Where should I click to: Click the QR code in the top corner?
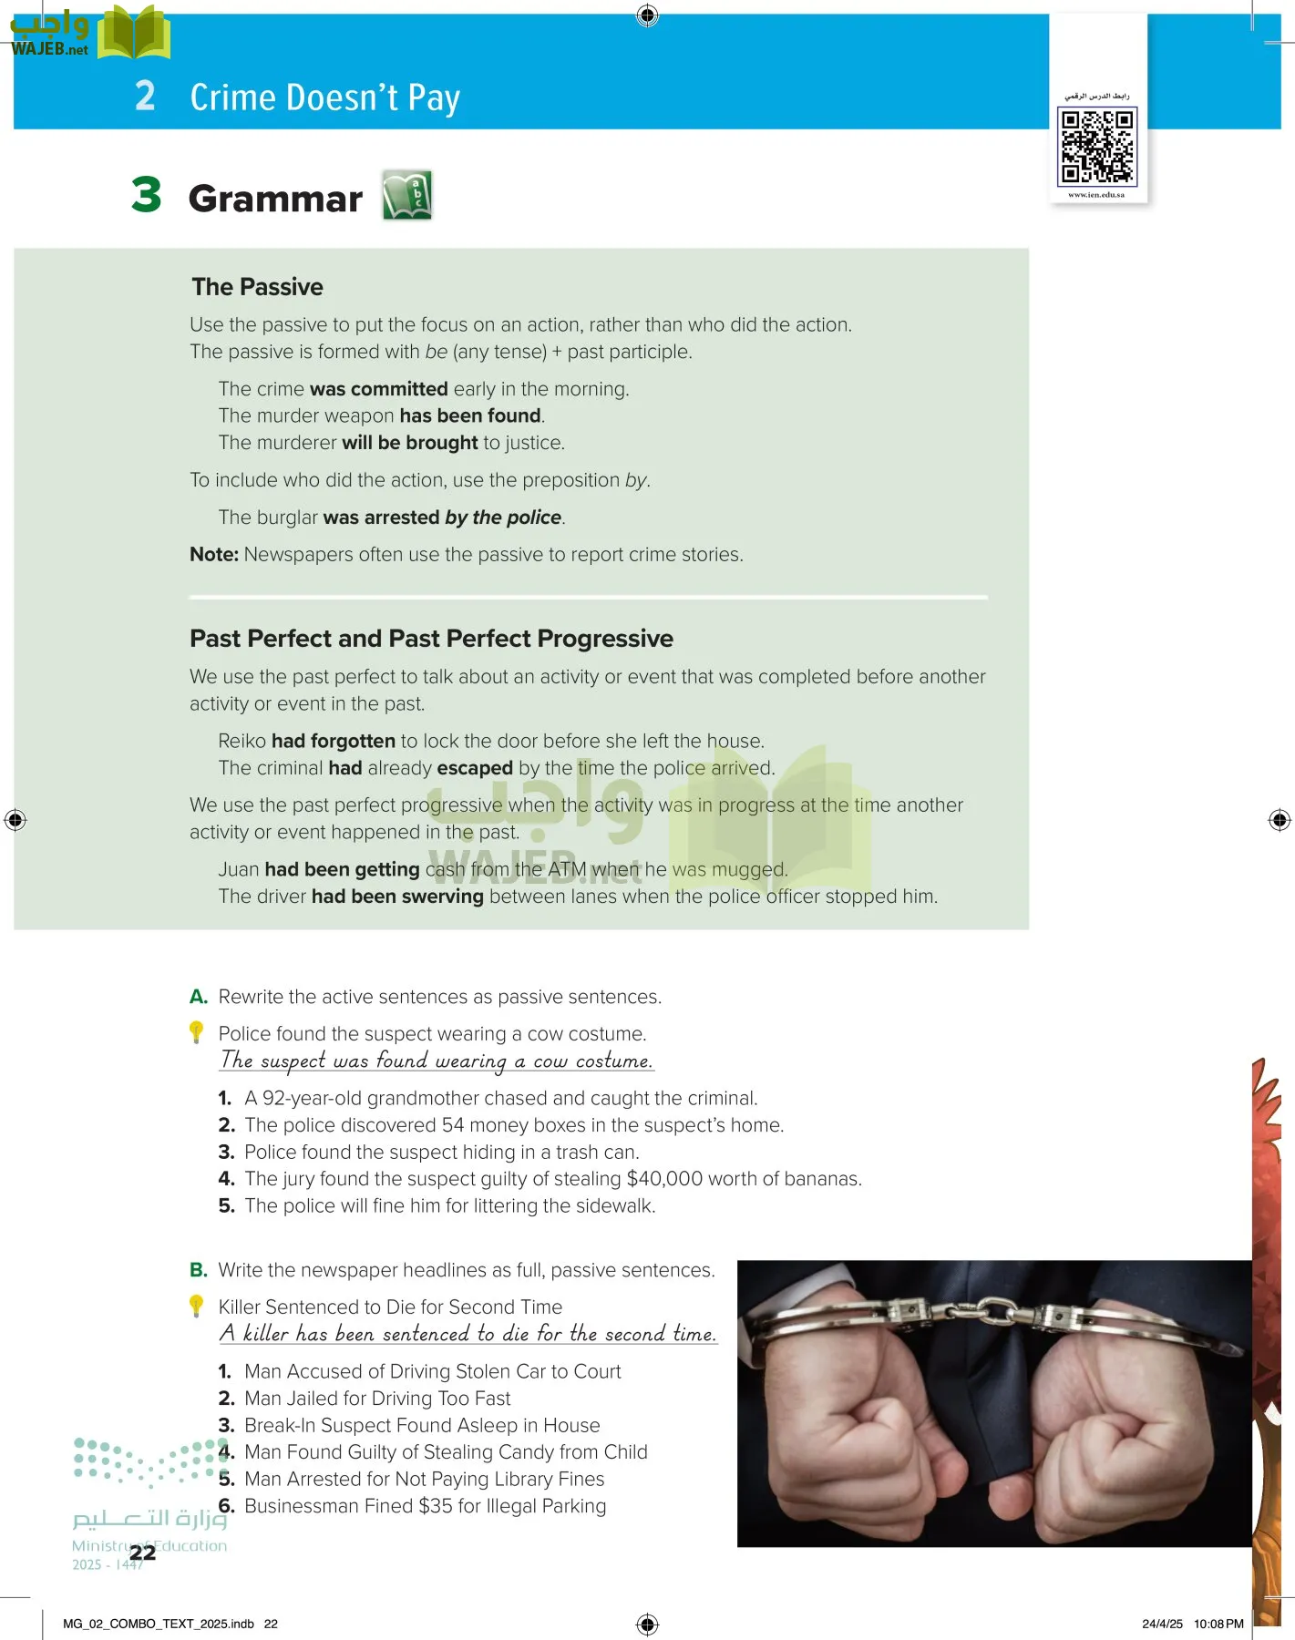point(1097,146)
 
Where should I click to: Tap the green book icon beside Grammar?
point(406,195)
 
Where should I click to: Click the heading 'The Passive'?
point(257,287)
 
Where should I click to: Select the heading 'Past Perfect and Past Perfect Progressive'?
point(431,639)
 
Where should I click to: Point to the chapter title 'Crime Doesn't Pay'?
point(324,97)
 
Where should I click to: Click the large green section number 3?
point(147,195)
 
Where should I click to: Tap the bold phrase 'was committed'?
point(378,389)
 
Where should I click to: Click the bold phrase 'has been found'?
point(470,416)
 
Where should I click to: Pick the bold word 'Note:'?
point(214,555)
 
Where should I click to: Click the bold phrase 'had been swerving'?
point(397,897)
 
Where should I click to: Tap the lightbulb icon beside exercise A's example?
point(196,1032)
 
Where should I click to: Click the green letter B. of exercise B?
point(199,1270)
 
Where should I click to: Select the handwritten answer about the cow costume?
point(437,1061)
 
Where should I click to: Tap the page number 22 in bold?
point(142,1553)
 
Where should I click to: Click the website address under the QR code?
point(1096,195)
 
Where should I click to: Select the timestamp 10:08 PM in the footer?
point(1218,1624)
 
